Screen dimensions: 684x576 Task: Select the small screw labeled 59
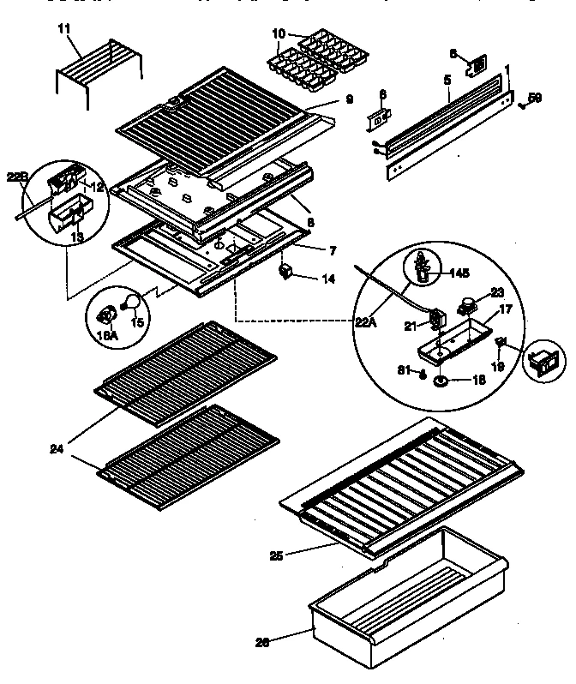click(521, 105)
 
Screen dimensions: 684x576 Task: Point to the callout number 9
click(350, 99)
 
